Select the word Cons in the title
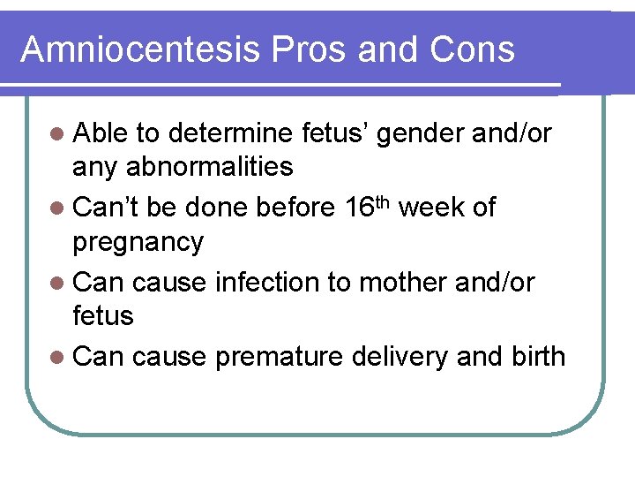point(473,49)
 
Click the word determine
point(229,133)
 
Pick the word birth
point(538,356)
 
